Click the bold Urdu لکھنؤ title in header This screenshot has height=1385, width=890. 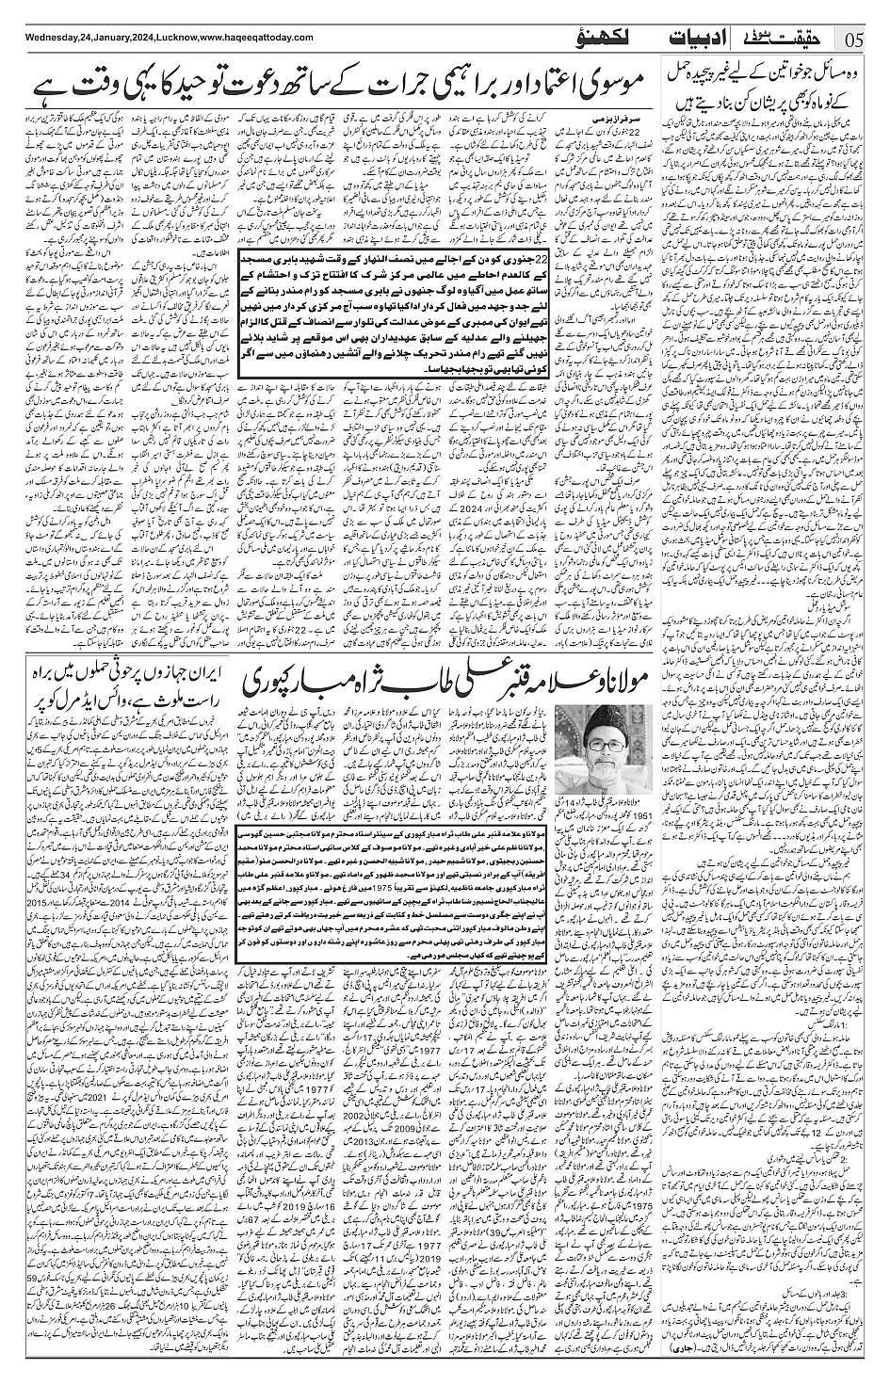pos(599,39)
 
